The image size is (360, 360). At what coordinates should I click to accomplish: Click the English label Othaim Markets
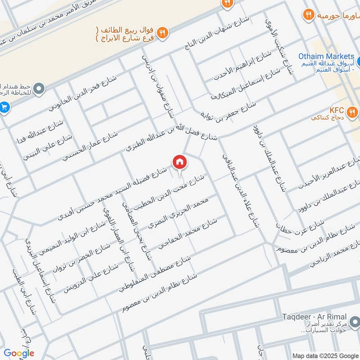tap(326, 57)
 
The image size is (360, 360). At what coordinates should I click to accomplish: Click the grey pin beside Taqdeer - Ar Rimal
tap(355, 322)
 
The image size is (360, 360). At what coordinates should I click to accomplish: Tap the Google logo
tap(19, 353)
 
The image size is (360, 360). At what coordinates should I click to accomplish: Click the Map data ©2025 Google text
tap(325, 355)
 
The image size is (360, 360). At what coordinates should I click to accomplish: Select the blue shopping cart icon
tap(4, 107)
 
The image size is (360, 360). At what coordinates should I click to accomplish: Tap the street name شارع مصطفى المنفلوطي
tap(155, 274)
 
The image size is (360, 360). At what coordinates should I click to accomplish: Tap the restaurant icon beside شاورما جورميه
tap(308, 14)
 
